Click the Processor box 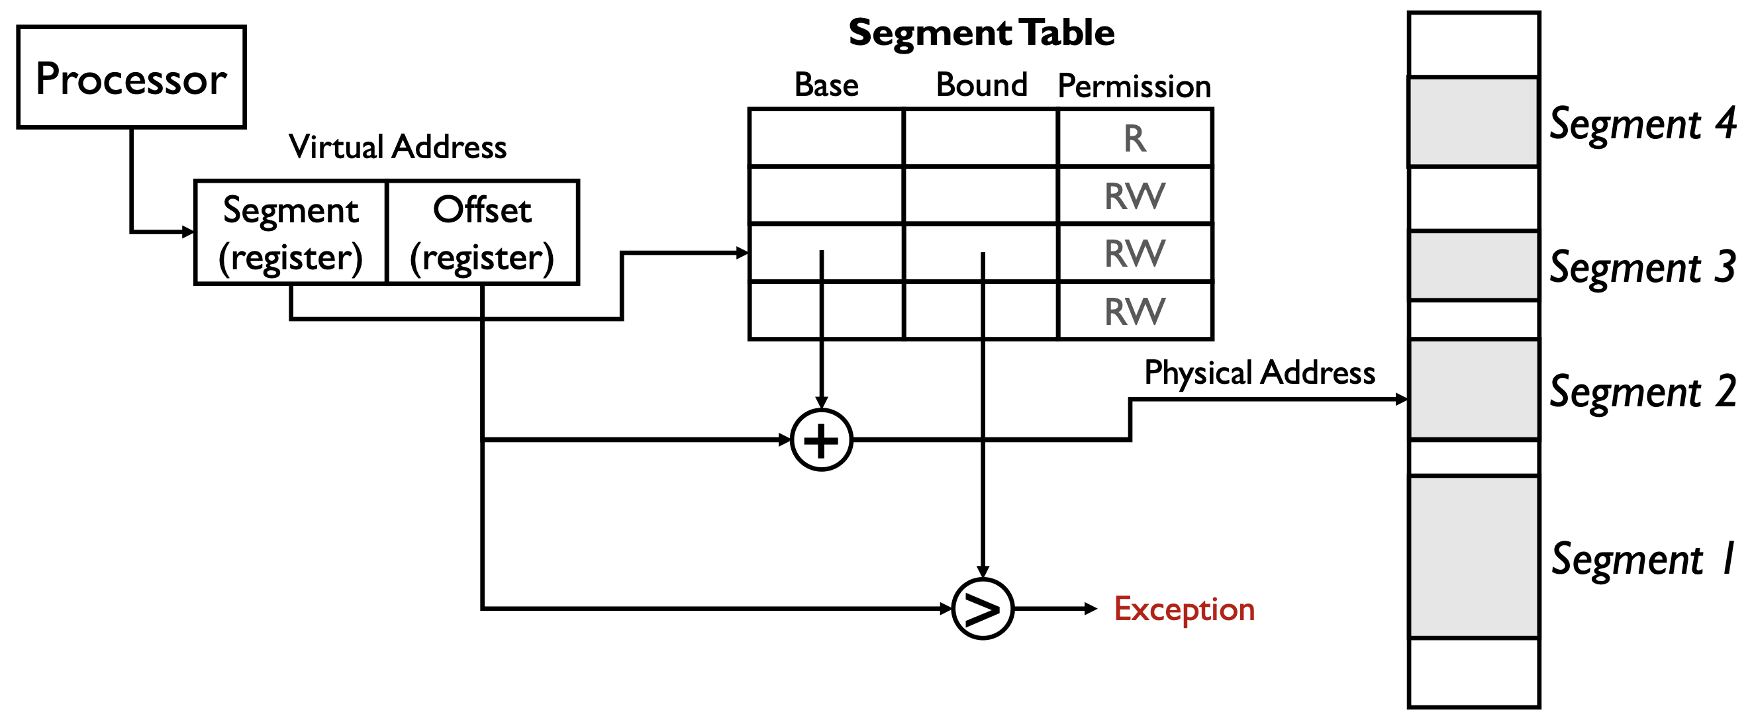pyautogui.click(x=131, y=77)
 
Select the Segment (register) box pyautogui.click(x=291, y=232)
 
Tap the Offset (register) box pyautogui.click(x=482, y=232)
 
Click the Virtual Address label pyautogui.click(x=398, y=147)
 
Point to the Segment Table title pyautogui.click(x=981, y=32)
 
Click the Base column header pyautogui.click(x=826, y=85)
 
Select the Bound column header pyautogui.click(x=981, y=85)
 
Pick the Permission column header pyautogui.click(x=1134, y=86)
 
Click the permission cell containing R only pyautogui.click(x=1135, y=138)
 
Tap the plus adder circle pyautogui.click(x=822, y=441)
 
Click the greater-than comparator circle pyautogui.click(x=983, y=609)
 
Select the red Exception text pyautogui.click(x=1184, y=609)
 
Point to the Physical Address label pyautogui.click(x=1259, y=373)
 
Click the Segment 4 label pyautogui.click(x=1643, y=124)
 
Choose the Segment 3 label pyautogui.click(x=1643, y=267)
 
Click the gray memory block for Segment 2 pyautogui.click(x=1474, y=390)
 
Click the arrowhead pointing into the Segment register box pyautogui.click(x=189, y=232)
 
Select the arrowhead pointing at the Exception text pyautogui.click(x=1091, y=609)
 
